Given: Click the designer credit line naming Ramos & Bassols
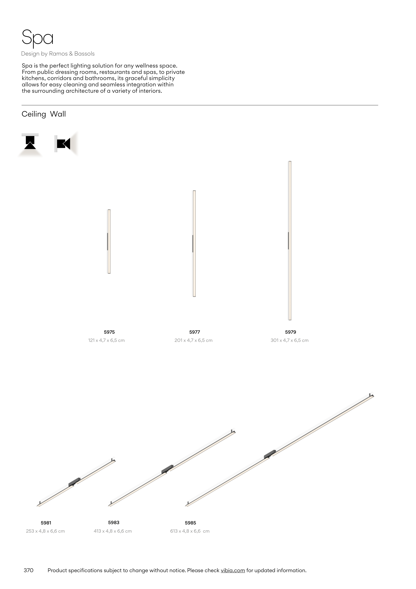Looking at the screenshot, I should pyautogui.click(x=58, y=54).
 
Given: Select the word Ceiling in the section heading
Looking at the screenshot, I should pyautogui.click(x=34, y=114).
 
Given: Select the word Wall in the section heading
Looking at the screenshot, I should pyautogui.click(x=58, y=114).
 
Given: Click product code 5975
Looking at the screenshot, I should pyautogui.click(x=109, y=332).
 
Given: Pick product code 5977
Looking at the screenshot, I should pyautogui.click(x=195, y=332).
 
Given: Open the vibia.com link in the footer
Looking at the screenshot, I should pyautogui.click(x=233, y=570).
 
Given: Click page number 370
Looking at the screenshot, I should pyautogui.click(x=28, y=570).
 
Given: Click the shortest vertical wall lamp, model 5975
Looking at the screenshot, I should pyautogui.click(x=109, y=241).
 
